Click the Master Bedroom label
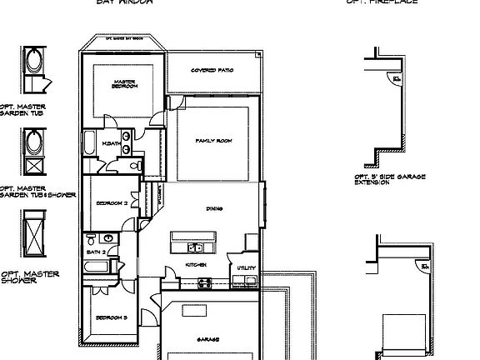pos(125,83)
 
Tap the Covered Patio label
pos(212,70)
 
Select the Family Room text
pos(213,141)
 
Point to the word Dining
pos(214,208)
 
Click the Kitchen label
pos(196,265)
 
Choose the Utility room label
pos(246,268)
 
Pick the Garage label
pos(208,340)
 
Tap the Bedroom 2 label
pos(111,203)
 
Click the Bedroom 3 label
pos(111,317)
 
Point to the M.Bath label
pos(112,144)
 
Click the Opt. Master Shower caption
pos(29,277)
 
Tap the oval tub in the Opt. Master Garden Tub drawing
pos(35,62)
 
